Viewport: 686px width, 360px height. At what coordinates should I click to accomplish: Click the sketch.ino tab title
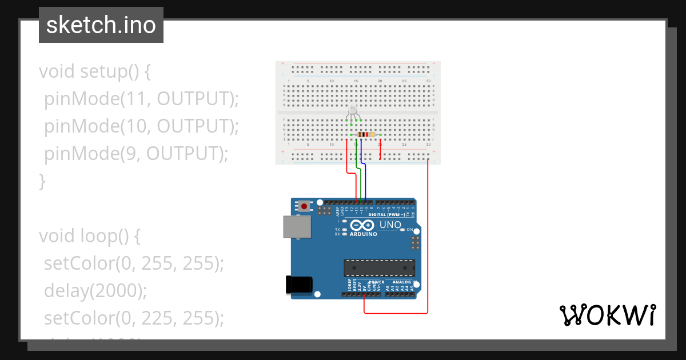coord(101,25)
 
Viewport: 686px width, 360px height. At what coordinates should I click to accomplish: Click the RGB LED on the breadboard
coord(353,110)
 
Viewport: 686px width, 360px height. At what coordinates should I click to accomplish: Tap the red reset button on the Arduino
coord(305,206)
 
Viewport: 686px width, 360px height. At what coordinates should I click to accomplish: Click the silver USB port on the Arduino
coord(297,226)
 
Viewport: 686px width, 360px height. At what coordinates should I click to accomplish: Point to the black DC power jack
coord(298,285)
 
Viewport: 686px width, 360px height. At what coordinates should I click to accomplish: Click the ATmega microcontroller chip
coord(379,268)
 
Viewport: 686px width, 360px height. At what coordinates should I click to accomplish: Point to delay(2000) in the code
coord(95,291)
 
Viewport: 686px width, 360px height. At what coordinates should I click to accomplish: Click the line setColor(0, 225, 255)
coord(134,318)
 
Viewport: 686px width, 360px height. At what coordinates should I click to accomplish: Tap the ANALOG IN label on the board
coord(400,282)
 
